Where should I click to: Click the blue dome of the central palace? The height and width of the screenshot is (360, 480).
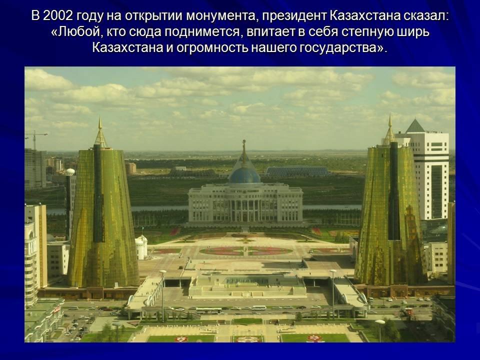(244, 175)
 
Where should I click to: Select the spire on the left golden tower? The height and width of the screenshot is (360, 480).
(100, 132)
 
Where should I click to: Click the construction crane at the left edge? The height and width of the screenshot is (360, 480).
(35, 139)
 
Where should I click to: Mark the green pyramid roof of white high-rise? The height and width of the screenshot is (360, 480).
(415, 126)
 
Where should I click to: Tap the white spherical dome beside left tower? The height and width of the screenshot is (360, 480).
(70, 171)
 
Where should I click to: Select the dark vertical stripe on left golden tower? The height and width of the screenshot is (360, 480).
(98, 193)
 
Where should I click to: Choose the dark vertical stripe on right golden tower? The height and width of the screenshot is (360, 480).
(394, 190)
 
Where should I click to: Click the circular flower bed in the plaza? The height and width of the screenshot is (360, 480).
(246, 251)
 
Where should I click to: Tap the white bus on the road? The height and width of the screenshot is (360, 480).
(259, 307)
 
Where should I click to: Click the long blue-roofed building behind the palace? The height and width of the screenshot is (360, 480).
(297, 171)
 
